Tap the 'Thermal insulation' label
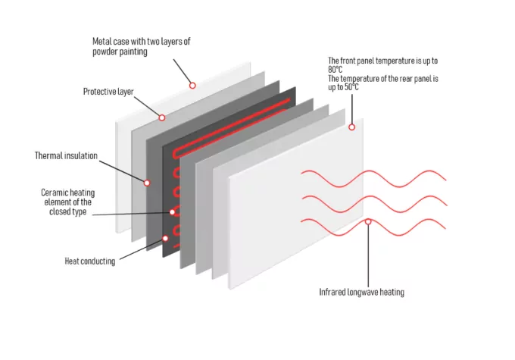pyautogui.click(x=66, y=156)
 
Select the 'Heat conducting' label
pyautogui.click(x=89, y=261)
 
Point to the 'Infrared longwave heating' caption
pyautogui.click(x=361, y=292)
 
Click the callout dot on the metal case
pyautogui.click(x=192, y=86)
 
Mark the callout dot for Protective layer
pyautogui.click(x=161, y=117)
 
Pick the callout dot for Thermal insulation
pyautogui.click(x=147, y=183)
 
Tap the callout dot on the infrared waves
pyautogui.click(x=368, y=222)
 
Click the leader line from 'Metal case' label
pyautogui.click(x=179, y=67)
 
